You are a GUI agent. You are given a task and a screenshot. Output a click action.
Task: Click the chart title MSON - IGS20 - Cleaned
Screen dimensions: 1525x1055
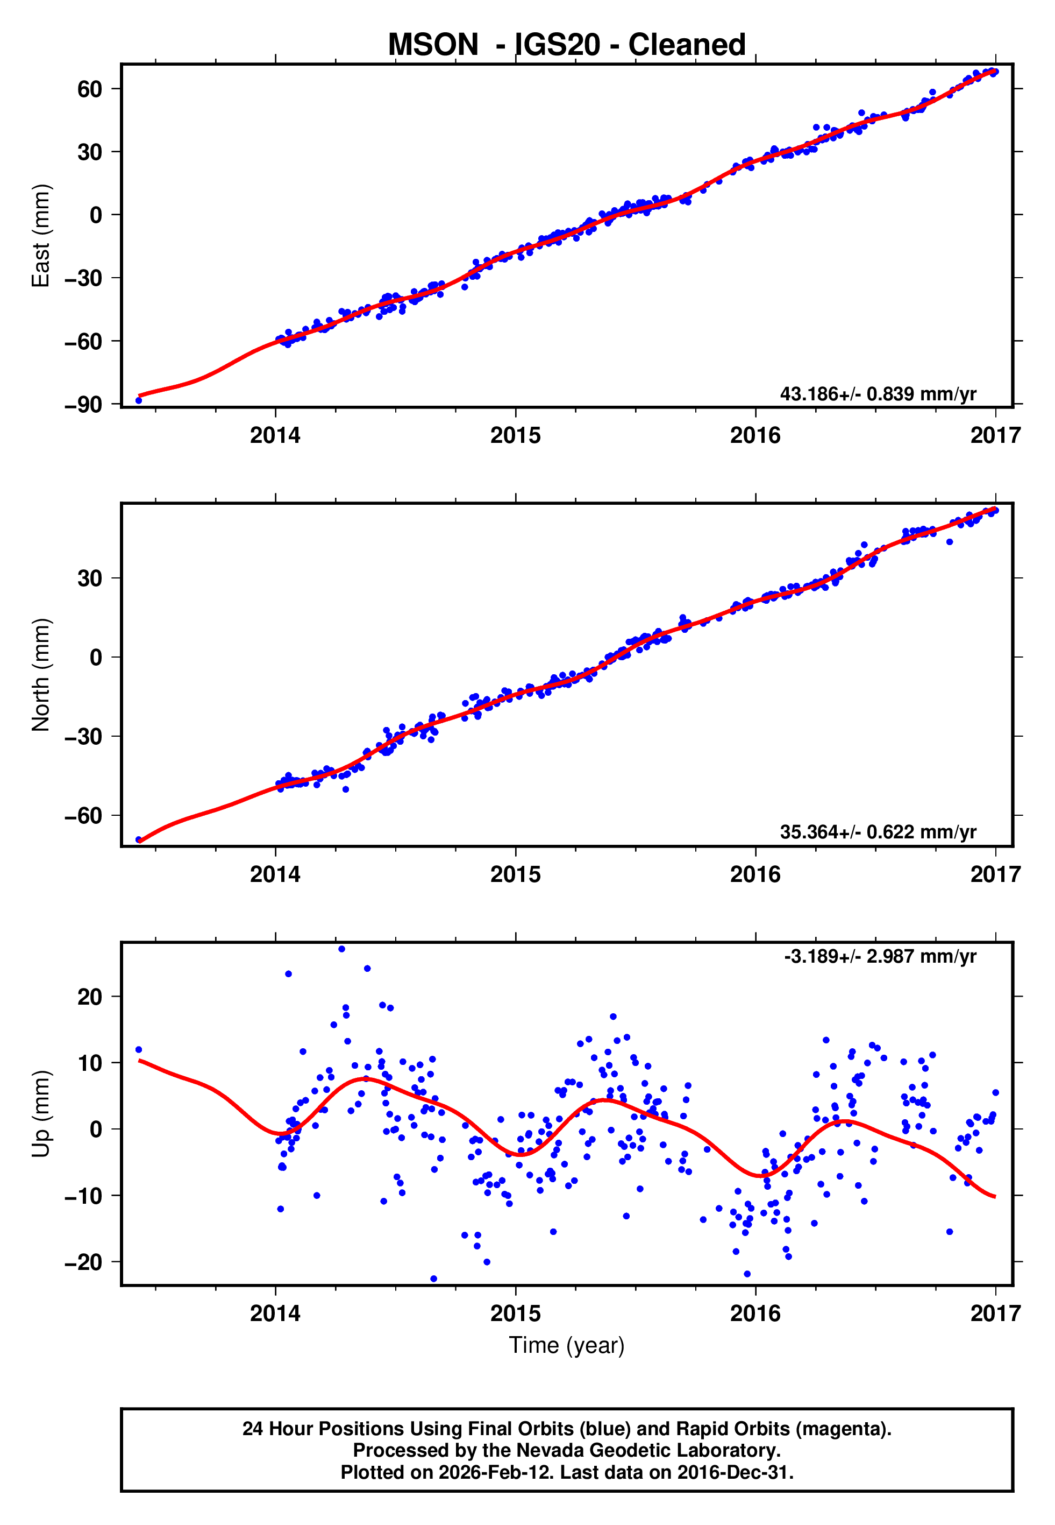coord(567,45)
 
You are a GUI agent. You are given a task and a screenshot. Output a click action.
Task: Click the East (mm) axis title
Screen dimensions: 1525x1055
coord(41,236)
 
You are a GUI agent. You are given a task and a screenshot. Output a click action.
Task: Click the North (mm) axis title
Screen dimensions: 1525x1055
coord(41,675)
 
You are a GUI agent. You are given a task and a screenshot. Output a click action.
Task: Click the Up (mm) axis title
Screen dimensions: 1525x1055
coord(41,1114)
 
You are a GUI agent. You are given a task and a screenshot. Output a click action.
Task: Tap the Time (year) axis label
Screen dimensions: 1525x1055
coord(567,1346)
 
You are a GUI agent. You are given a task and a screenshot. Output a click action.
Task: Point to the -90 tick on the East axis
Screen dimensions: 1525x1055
coord(83,405)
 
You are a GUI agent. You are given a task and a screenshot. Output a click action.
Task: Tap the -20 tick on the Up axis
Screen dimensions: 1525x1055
coord(83,1262)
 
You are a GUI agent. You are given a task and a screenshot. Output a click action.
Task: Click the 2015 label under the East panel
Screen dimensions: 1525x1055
coord(515,436)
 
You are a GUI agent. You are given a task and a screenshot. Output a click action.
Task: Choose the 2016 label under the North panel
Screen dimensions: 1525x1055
coord(755,874)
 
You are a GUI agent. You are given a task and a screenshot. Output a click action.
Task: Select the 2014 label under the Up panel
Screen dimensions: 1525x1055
coord(275,1314)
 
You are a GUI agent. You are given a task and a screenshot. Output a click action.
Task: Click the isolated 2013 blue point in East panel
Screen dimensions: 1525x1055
coord(138,401)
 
